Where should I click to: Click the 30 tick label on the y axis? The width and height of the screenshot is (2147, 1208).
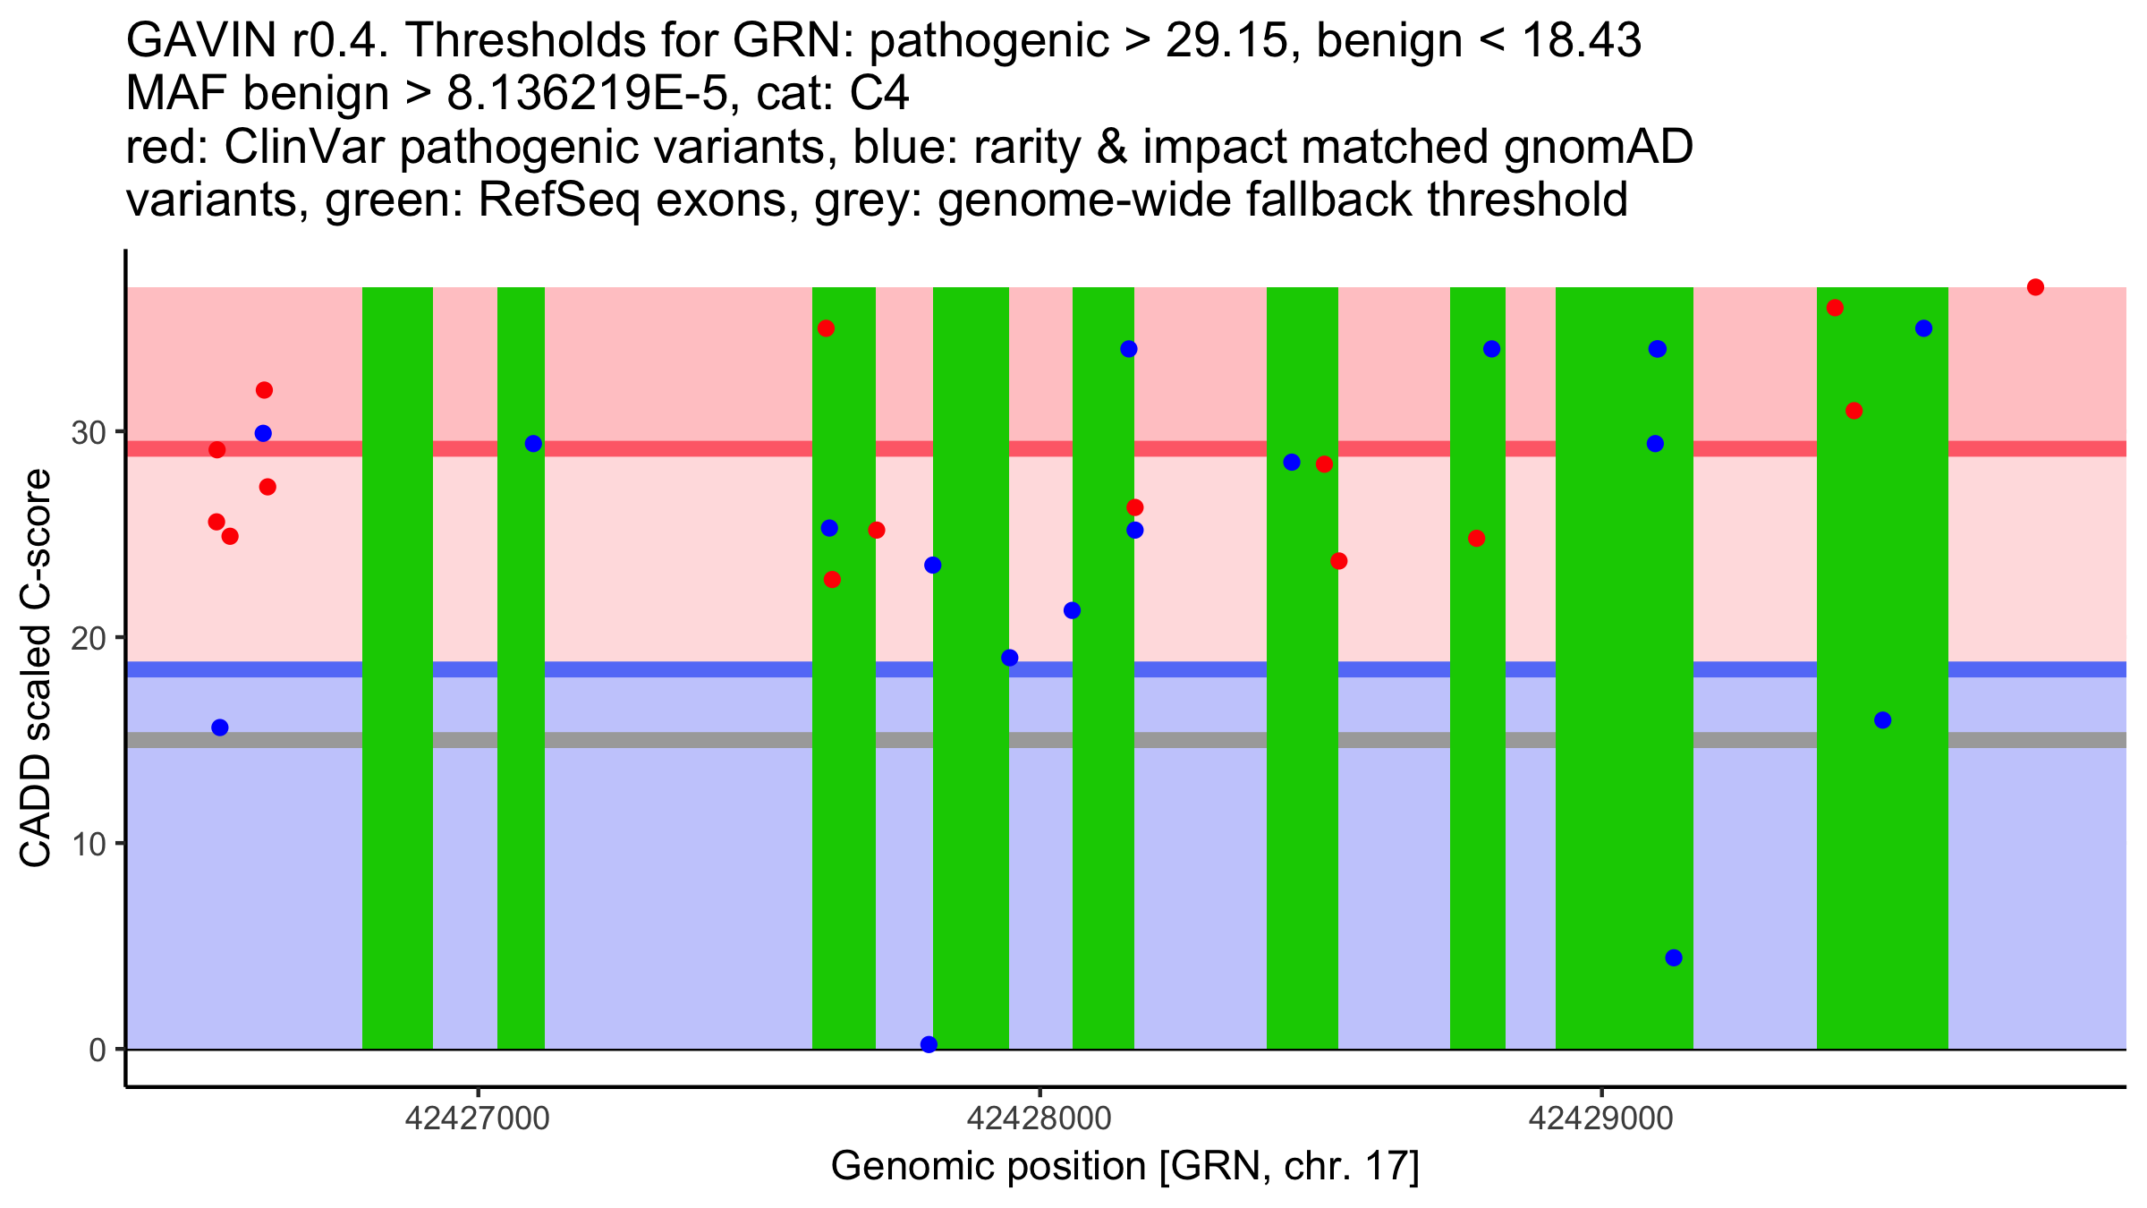click(x=87, y=433)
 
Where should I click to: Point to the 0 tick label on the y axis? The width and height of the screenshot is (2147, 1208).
click(x=97, y=1050)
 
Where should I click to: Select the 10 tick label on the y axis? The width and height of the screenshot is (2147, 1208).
click(x=87, y=844)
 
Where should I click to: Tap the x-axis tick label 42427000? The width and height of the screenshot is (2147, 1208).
click(x=478, y=1119)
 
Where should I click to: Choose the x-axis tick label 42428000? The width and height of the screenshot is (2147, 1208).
click(x=1039, y=1119)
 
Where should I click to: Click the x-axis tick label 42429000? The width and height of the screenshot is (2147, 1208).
click(x=1600, y=1119)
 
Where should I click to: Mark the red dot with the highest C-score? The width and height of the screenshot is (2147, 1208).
click(x=2035, y=287)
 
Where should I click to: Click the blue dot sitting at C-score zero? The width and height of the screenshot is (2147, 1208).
click(x=929, y=1044)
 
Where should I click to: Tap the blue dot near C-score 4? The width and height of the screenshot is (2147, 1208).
click(x=1674, y=957)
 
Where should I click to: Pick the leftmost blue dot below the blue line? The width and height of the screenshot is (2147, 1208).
click(x=220, y=727)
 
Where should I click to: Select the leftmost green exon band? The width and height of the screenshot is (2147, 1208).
click(x=397, y=668)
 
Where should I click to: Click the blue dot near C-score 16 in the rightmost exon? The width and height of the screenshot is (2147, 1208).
click(x=1882, y=720)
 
